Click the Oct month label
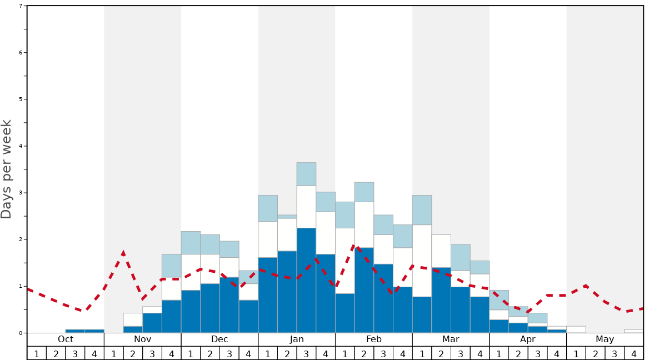click(66, 339)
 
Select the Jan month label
click(297, 339)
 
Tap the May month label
click(605, 339)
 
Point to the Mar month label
click(451, 339)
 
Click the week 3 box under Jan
click(306, 353)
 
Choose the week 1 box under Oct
click(37, 353)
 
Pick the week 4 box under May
click(634, 353)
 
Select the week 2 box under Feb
click(364, 353)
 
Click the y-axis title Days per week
click(7, 169)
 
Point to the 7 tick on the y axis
click(21, 6)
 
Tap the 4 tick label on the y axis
click(21, 146)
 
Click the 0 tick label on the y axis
click(21, 333)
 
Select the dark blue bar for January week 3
click(306, 281)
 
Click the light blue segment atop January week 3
click(306, 174)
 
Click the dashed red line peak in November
click(123, 253)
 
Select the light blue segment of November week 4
click(171, 266)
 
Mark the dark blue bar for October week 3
click(75, 331)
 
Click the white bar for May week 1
click(576, 329)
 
